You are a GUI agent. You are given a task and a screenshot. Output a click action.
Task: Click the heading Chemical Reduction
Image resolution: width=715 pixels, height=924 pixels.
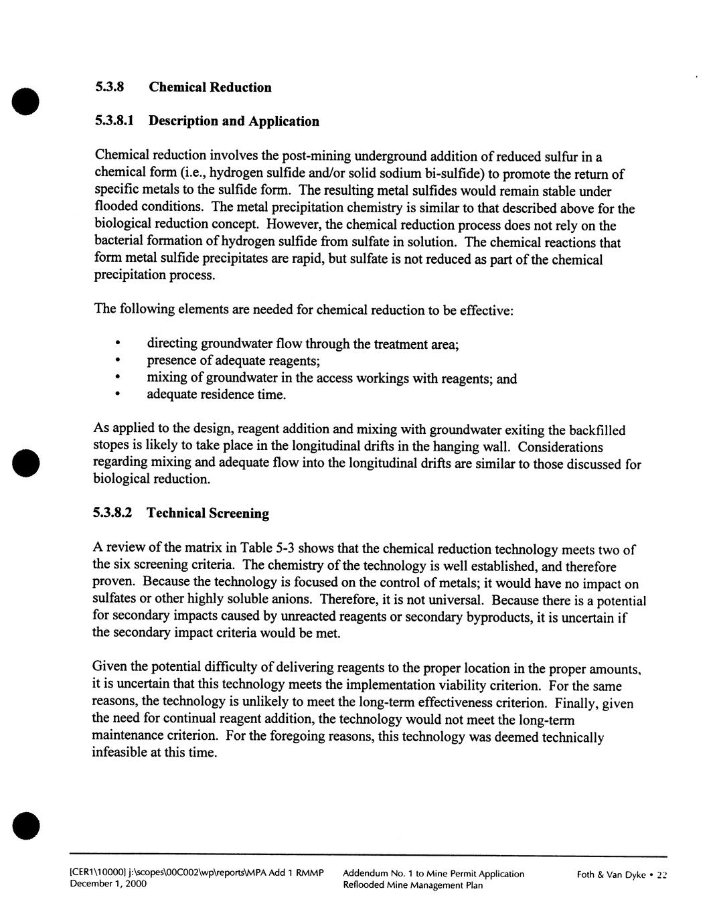coord(210,87)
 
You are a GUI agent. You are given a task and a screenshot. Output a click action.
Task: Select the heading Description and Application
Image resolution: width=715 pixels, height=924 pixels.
coord(233,121)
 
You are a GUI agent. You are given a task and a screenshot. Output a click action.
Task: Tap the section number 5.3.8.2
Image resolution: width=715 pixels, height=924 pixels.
coord(112,514)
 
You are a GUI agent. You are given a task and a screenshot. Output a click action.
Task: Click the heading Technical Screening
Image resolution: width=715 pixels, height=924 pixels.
coord(208,514)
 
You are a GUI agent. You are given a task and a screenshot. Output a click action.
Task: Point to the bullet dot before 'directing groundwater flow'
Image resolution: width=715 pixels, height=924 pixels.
coord(117,343)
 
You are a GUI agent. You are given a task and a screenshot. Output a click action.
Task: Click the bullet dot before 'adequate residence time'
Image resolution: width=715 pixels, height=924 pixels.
coord(117,395)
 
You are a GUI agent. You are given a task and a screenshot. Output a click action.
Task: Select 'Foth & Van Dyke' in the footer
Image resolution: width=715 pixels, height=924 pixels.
coord(609,874)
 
